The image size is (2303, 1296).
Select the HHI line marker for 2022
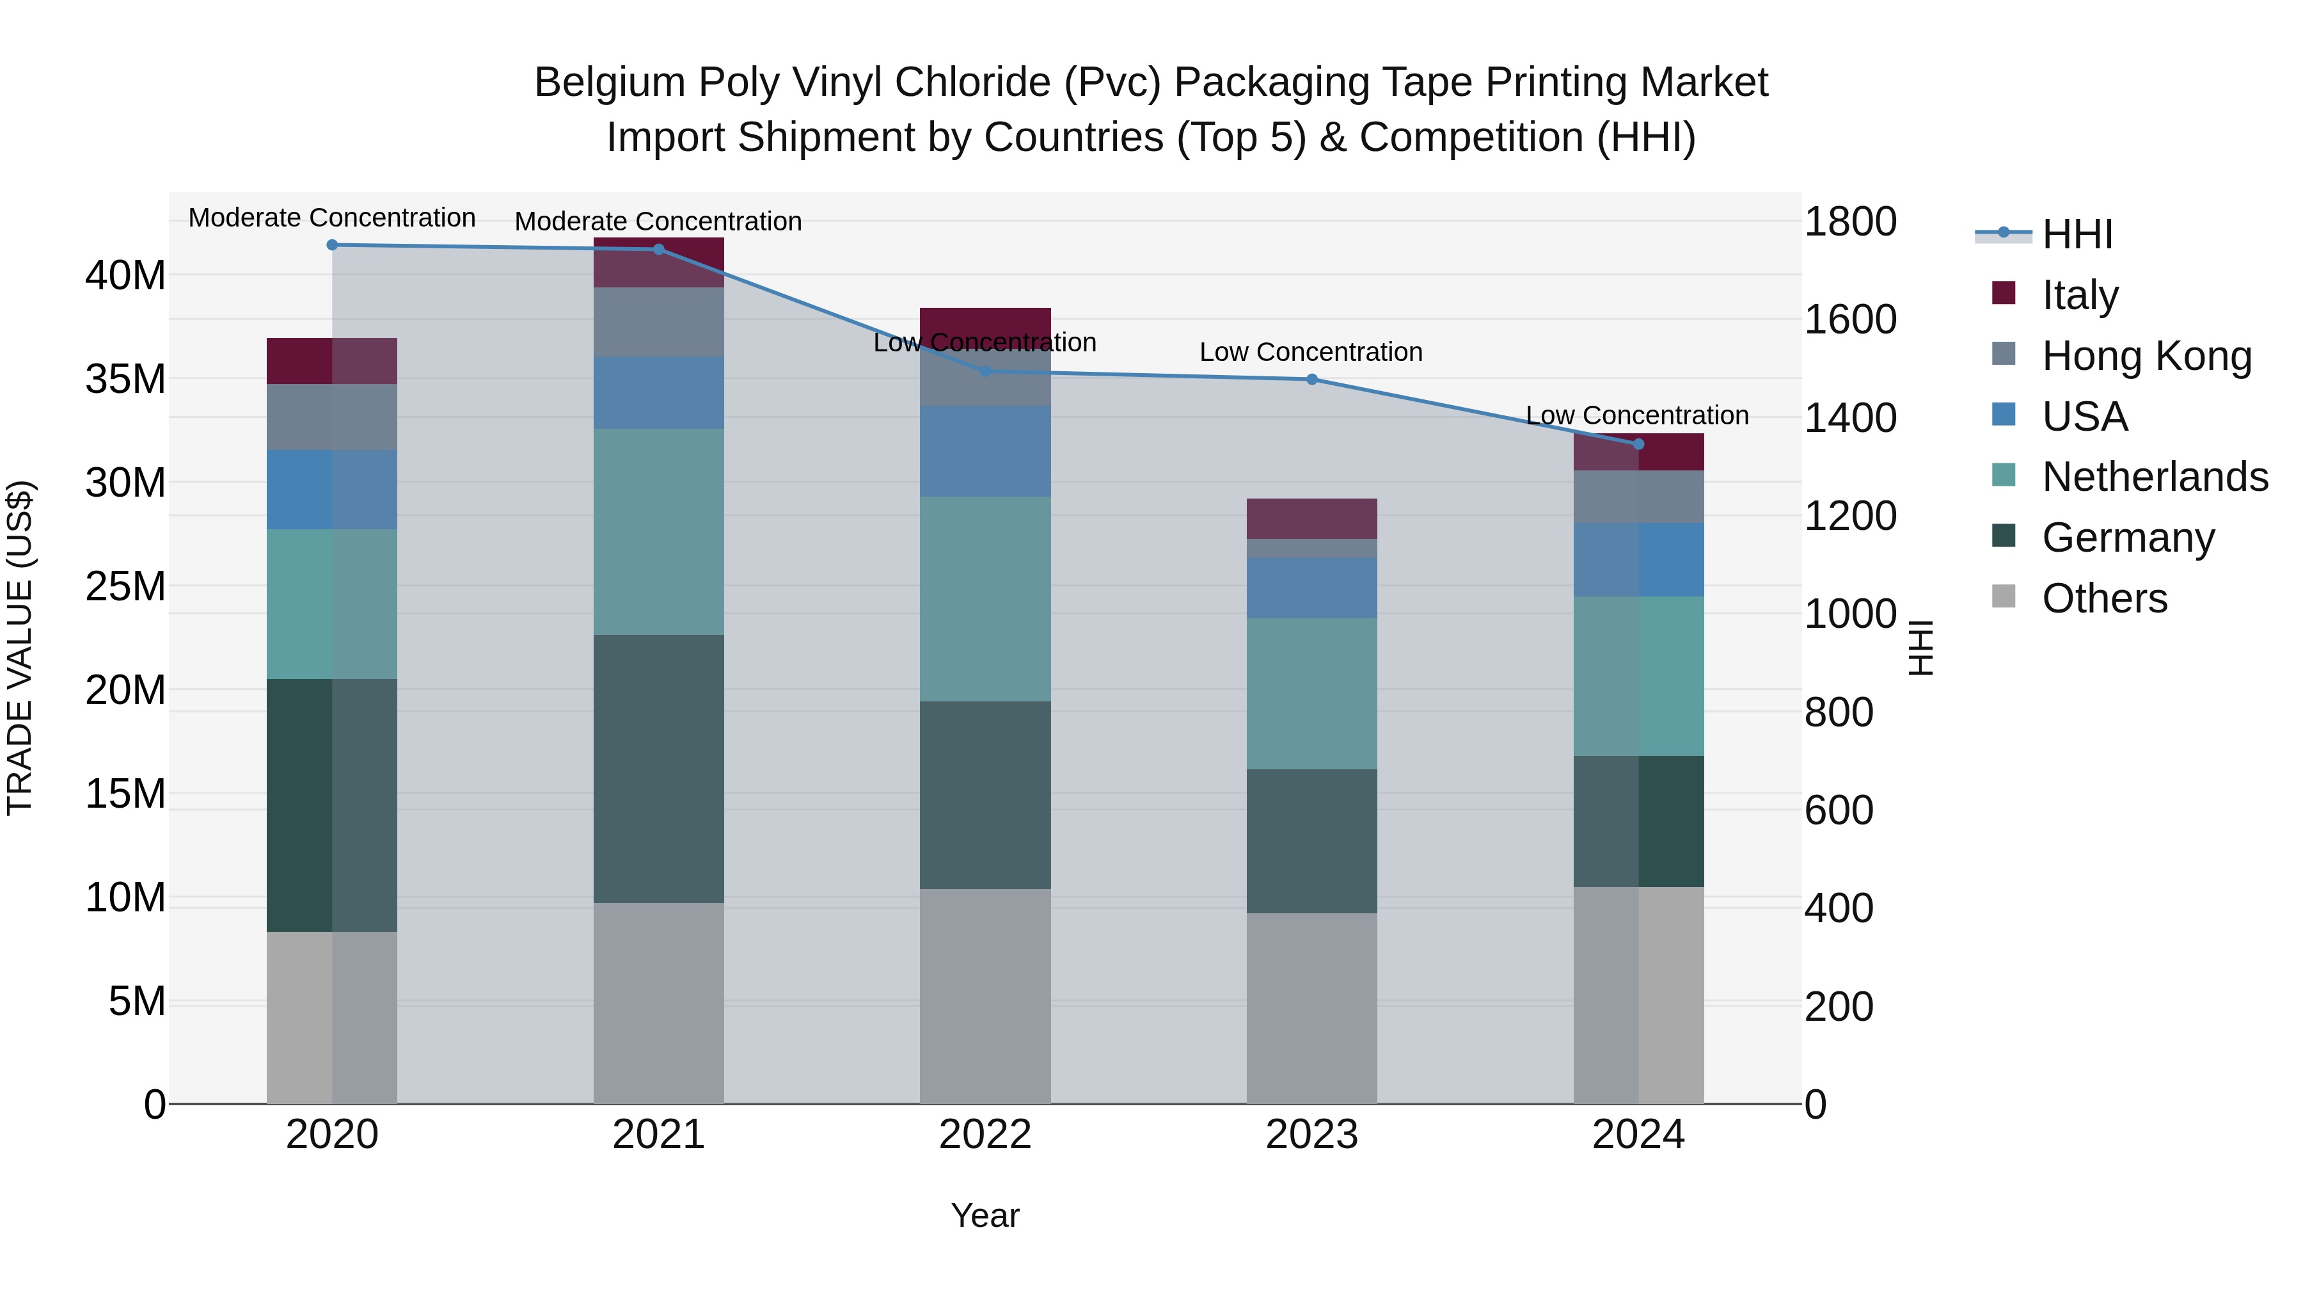pos(985,371)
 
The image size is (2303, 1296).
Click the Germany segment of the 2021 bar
pos(658,769)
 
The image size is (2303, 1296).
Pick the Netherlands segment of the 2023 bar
pos(1311,694)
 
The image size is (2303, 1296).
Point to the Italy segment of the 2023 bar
pos(1311,519)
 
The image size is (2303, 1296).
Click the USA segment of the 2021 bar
pos(658,393)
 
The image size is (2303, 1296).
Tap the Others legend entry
pos(2103,598)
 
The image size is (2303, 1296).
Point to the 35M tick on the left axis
pos(125,380)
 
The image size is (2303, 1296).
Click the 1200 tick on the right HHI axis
pos(1849,516)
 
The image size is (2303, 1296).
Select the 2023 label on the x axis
pos(1311,1135)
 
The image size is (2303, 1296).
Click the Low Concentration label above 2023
pos(1311,353)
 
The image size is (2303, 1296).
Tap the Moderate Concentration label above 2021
pos(658,222)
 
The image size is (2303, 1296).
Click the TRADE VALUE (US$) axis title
pos(20,648)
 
